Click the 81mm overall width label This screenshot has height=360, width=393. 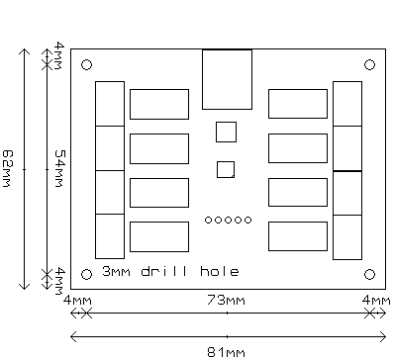click(227, 352)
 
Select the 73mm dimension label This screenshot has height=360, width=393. click(227, 301)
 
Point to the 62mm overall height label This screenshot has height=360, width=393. click(7, 168)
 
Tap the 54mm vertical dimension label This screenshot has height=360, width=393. click(59, 168)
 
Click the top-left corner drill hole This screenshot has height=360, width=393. click(86, 65)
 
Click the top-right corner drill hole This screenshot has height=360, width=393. click(369, 64)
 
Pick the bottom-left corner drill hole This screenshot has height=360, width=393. click(86, 274)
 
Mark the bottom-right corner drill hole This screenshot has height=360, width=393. click(369, 274)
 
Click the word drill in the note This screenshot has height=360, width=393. click(165, 271)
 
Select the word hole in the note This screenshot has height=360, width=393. click(220, 271)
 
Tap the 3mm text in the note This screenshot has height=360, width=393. click(116, 271)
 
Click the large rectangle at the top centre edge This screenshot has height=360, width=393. click(227, 79)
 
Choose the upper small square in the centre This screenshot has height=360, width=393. click(226, 132)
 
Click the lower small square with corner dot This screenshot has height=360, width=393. click(226, 169)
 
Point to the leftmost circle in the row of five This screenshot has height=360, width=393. click(208, 220)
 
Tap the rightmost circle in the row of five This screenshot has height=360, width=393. click(247, 220)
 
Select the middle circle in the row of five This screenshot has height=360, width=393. click(228, 220)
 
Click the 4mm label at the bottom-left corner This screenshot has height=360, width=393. click(77, 301)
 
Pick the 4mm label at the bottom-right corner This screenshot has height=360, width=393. click(376, 301)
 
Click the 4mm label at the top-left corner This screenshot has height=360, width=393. click(59, 55)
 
